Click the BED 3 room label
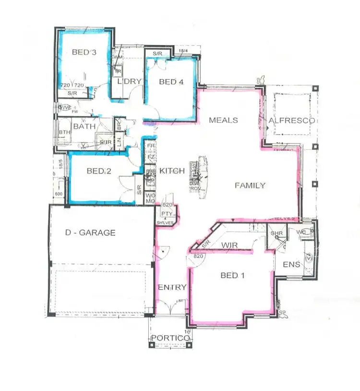[84, 52]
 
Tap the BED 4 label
[171, 82]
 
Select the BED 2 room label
[99, 171]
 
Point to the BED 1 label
[233, 275]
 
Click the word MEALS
[223, 120]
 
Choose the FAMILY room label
[250, 185]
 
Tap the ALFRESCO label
[292, 120]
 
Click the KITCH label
[169, 171]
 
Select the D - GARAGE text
[90, 233]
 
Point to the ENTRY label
[172, 287]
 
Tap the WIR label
[230, 245]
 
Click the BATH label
[84, 127]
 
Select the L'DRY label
[130, 82]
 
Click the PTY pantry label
[167, 214]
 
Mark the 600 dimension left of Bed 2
[59, 194]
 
